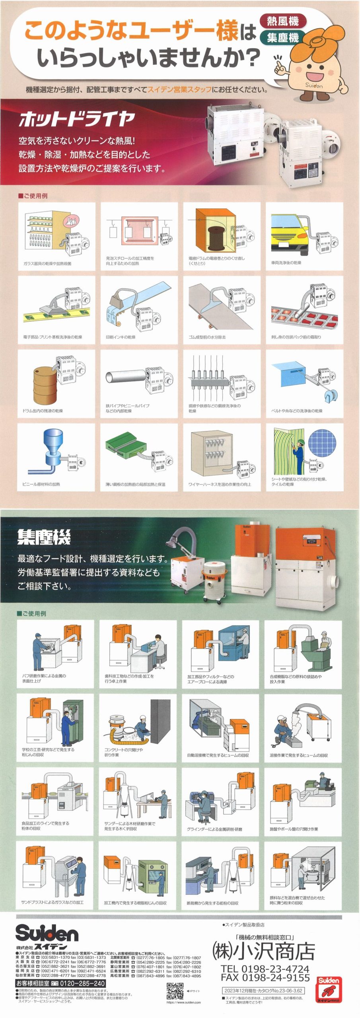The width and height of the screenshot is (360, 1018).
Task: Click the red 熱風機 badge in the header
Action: tap(283, 21)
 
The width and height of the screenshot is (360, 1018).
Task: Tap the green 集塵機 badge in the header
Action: tap(283, 38)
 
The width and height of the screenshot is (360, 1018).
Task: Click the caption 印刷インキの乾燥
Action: tap(121, 337)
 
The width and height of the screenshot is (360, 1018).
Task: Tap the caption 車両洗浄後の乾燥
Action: tap(286, 263)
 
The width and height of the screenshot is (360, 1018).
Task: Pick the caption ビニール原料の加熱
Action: tap(41, 484)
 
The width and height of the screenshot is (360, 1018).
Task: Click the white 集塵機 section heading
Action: tap(44, 538)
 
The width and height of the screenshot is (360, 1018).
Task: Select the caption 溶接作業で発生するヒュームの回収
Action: tap(299, 755)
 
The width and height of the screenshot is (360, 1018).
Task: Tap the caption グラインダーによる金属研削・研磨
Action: tap(214, 829)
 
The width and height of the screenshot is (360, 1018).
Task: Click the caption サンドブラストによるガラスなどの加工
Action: tap(53, 902)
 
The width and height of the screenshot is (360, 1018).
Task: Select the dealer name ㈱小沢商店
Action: tap(264, 952)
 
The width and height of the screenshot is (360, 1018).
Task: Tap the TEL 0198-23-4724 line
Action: tap(265, 969)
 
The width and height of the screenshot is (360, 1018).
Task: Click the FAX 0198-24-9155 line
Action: tap(265, 977)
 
